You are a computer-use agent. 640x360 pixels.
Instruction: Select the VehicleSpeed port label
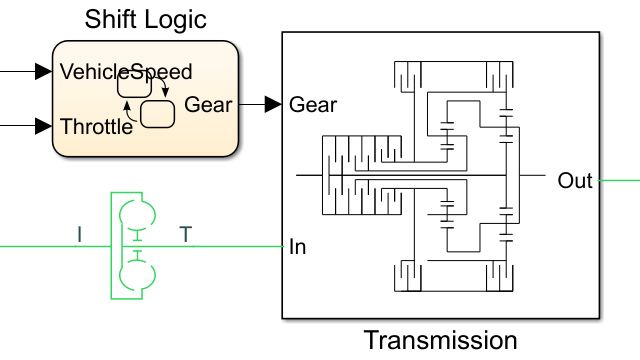coord(126,72)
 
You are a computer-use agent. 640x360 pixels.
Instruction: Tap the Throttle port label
coord(96,126)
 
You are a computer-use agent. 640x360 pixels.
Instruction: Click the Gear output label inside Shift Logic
coord(208,104)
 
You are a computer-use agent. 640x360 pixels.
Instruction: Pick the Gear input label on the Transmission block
coord(313,104)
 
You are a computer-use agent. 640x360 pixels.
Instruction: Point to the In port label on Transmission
coord(297,246)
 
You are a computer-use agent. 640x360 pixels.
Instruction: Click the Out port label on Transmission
coord(575,181)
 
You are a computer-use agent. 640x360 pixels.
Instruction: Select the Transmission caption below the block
coord(440,340)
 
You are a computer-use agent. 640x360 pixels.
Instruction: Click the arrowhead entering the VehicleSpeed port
coord(42,71)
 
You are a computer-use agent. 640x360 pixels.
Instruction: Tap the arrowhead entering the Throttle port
coord(42,126)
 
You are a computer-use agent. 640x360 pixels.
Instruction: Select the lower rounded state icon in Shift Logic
coord(158,113)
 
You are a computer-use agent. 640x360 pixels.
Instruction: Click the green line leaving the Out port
coord(620,181)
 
